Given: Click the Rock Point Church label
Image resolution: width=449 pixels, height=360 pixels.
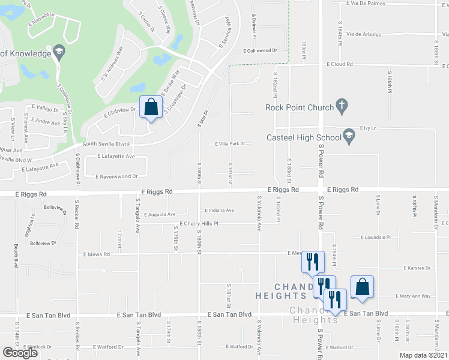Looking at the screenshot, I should point(298,108).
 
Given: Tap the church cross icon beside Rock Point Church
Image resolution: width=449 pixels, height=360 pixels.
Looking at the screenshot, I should point(342,107).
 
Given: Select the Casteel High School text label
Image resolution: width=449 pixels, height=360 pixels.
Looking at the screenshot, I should point(303,138).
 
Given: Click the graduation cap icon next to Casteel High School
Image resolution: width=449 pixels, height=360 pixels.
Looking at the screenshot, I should point(349,137).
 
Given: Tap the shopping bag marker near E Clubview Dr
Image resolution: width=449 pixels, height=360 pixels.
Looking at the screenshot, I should point(151,108).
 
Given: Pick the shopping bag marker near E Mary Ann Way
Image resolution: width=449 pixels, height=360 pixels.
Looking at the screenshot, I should point(363,287).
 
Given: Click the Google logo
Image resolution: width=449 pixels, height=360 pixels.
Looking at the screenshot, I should point(20,353).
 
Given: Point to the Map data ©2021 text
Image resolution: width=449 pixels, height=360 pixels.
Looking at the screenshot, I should point(423,355).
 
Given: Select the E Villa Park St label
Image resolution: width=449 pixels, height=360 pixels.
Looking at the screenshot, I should point(231,144).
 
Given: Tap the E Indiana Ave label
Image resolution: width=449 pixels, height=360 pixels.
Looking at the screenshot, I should point(219,211).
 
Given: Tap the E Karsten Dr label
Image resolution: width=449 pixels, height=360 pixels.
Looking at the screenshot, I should point(417,268).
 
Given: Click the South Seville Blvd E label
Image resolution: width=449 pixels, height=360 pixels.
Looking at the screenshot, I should point(106,145).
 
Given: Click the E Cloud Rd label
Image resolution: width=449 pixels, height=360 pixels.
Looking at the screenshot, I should point(340,64).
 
